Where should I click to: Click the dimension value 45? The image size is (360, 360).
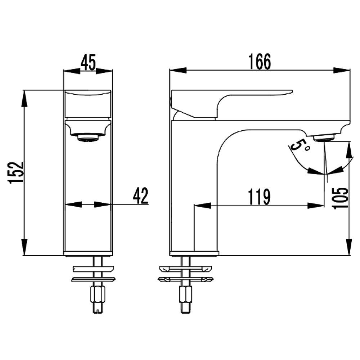[x=88, y=62]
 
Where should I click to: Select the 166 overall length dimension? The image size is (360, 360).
[x=260, y=62]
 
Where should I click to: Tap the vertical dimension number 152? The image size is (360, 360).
[x=16, y=172]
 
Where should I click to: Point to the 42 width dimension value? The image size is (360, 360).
[x=141, y=195]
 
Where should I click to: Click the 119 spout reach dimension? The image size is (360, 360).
[x=259, y=197]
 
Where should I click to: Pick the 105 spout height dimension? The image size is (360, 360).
[x=340, y=198]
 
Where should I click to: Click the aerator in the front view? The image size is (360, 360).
[x=88, y=138]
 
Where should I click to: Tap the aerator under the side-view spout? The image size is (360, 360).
[x=324, y=138]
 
